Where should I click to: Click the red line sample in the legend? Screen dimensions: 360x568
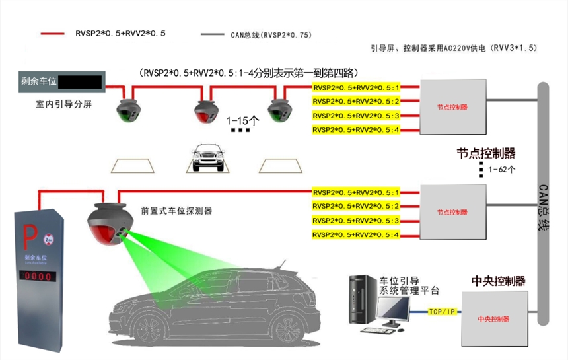[x=52, y=33]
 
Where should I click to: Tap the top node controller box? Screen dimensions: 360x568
[x=452, y=107]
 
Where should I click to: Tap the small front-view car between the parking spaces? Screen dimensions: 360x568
[x=207, y=159]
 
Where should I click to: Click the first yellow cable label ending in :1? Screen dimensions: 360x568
[x=356, y=87]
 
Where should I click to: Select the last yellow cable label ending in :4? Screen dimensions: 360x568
[x=356, y=235]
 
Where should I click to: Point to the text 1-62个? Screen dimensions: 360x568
[x=502, y=170]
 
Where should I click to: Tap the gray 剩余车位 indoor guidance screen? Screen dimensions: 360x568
[x=59, y=83]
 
